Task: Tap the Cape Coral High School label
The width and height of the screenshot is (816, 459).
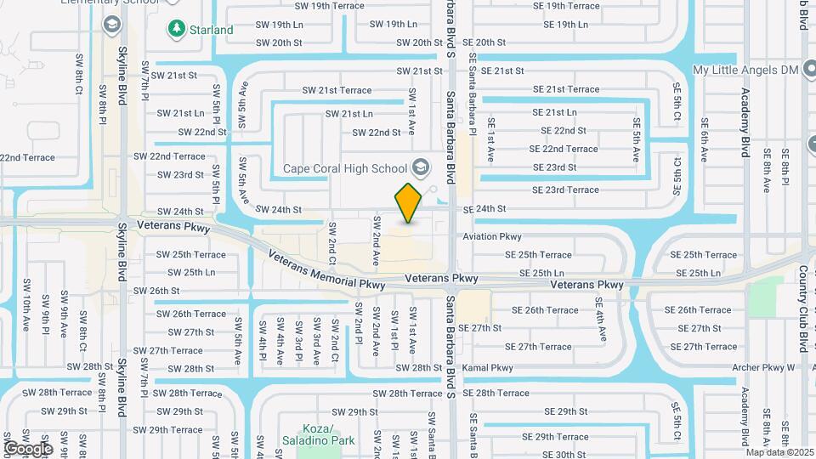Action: (345, 167)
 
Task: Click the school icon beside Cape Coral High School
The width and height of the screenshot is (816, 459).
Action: (419, 166)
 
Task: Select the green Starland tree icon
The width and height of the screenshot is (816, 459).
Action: (176, 29)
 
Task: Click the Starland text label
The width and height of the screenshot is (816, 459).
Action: (212, 30)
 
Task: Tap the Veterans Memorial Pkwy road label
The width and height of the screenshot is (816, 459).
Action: (326, 270)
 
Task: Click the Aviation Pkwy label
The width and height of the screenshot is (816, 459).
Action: (492, 236)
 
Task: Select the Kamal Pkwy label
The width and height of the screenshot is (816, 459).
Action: (488, 368)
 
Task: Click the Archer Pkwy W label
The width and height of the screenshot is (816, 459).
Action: (762, 368)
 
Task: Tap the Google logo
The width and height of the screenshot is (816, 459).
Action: (28, 448)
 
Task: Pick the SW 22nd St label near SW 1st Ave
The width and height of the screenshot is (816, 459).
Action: (376, 132)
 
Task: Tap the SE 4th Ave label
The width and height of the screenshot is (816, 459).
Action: (602, 314)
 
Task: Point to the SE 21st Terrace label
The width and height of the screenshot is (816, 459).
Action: (566, 89)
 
